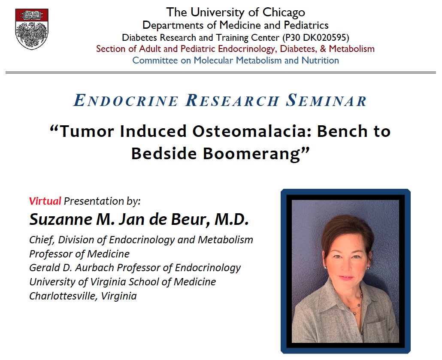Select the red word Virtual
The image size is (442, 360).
click(45, 200)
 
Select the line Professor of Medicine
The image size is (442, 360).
click(79, 254)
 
